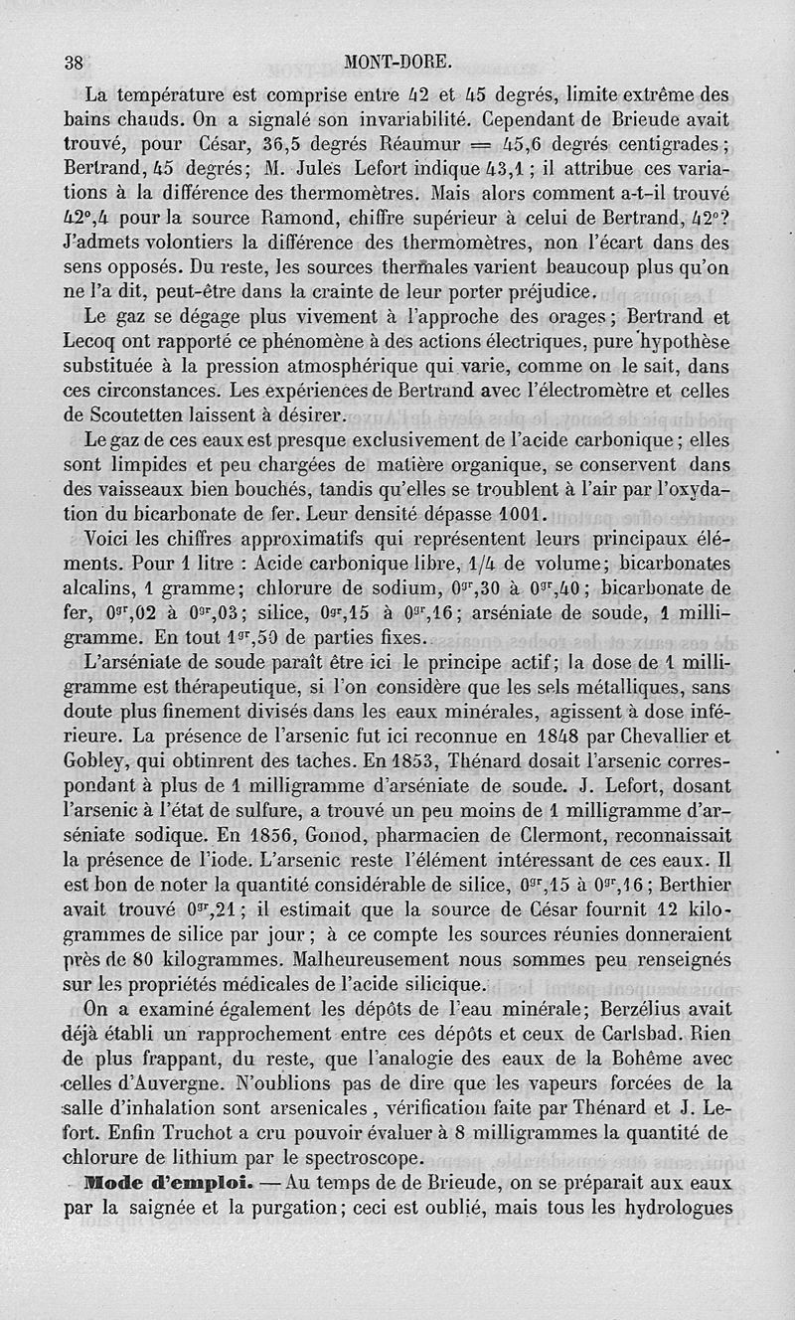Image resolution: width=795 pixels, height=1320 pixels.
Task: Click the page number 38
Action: click(x=73, y=62)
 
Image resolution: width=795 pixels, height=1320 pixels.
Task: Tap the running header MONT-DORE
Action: click(x=397, y=62)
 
